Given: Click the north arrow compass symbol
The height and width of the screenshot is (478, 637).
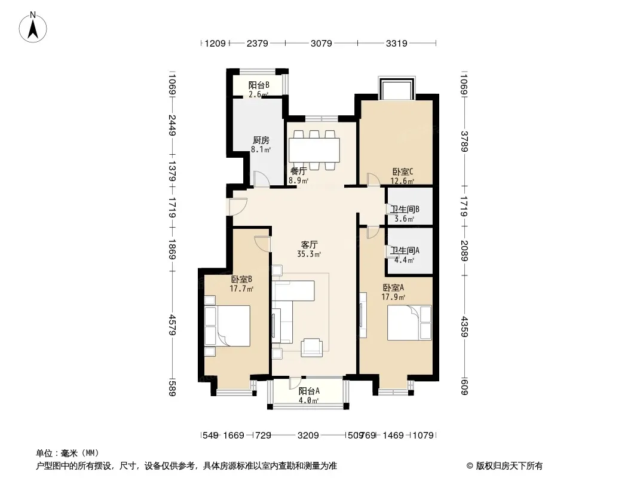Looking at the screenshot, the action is click(33, 27).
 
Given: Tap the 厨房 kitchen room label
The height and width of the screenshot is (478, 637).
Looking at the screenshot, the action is click(261, 140).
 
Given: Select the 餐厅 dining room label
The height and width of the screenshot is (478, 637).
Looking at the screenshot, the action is click(298, 171).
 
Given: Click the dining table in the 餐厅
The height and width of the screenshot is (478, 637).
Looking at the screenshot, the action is click(314, 150).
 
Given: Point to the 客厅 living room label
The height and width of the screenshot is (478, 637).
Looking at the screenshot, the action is click(309, 244).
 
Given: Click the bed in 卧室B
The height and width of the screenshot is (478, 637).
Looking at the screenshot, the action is click(233, 326).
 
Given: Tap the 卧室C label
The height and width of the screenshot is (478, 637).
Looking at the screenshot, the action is click(403, 171).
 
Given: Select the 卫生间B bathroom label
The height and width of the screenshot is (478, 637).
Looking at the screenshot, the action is click(405, 209).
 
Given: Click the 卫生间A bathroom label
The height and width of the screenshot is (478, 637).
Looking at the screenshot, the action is click(405, 250).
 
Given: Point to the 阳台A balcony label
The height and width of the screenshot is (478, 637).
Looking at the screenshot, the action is click(309, 391).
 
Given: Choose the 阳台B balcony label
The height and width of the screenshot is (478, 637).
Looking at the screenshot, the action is click(259, 85).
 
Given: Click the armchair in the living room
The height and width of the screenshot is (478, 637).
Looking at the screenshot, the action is click(311, 348).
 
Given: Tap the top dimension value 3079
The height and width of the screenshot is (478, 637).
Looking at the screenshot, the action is click(321, 43).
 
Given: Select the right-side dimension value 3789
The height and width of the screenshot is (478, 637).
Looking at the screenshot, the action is click(464, 142).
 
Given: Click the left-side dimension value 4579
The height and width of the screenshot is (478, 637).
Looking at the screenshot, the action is click(173, 324).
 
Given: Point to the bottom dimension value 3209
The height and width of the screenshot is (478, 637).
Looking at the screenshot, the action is click(308, 436).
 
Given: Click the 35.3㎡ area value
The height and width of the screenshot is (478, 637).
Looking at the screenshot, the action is click(309, 254).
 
